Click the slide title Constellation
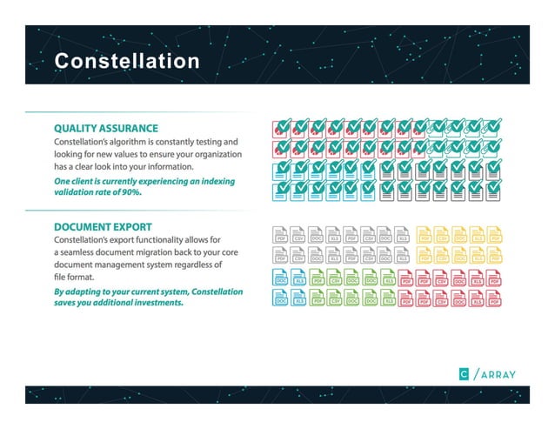click(x=126, y=61)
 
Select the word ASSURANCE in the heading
click(x=130, y=127)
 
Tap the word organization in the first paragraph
click(x=210, y=153)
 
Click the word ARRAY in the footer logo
click(x=498, y=374)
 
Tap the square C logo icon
click(x=465, y=374)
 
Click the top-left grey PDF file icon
click(x=281, y=235)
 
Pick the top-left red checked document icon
click(x=281, y=128)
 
